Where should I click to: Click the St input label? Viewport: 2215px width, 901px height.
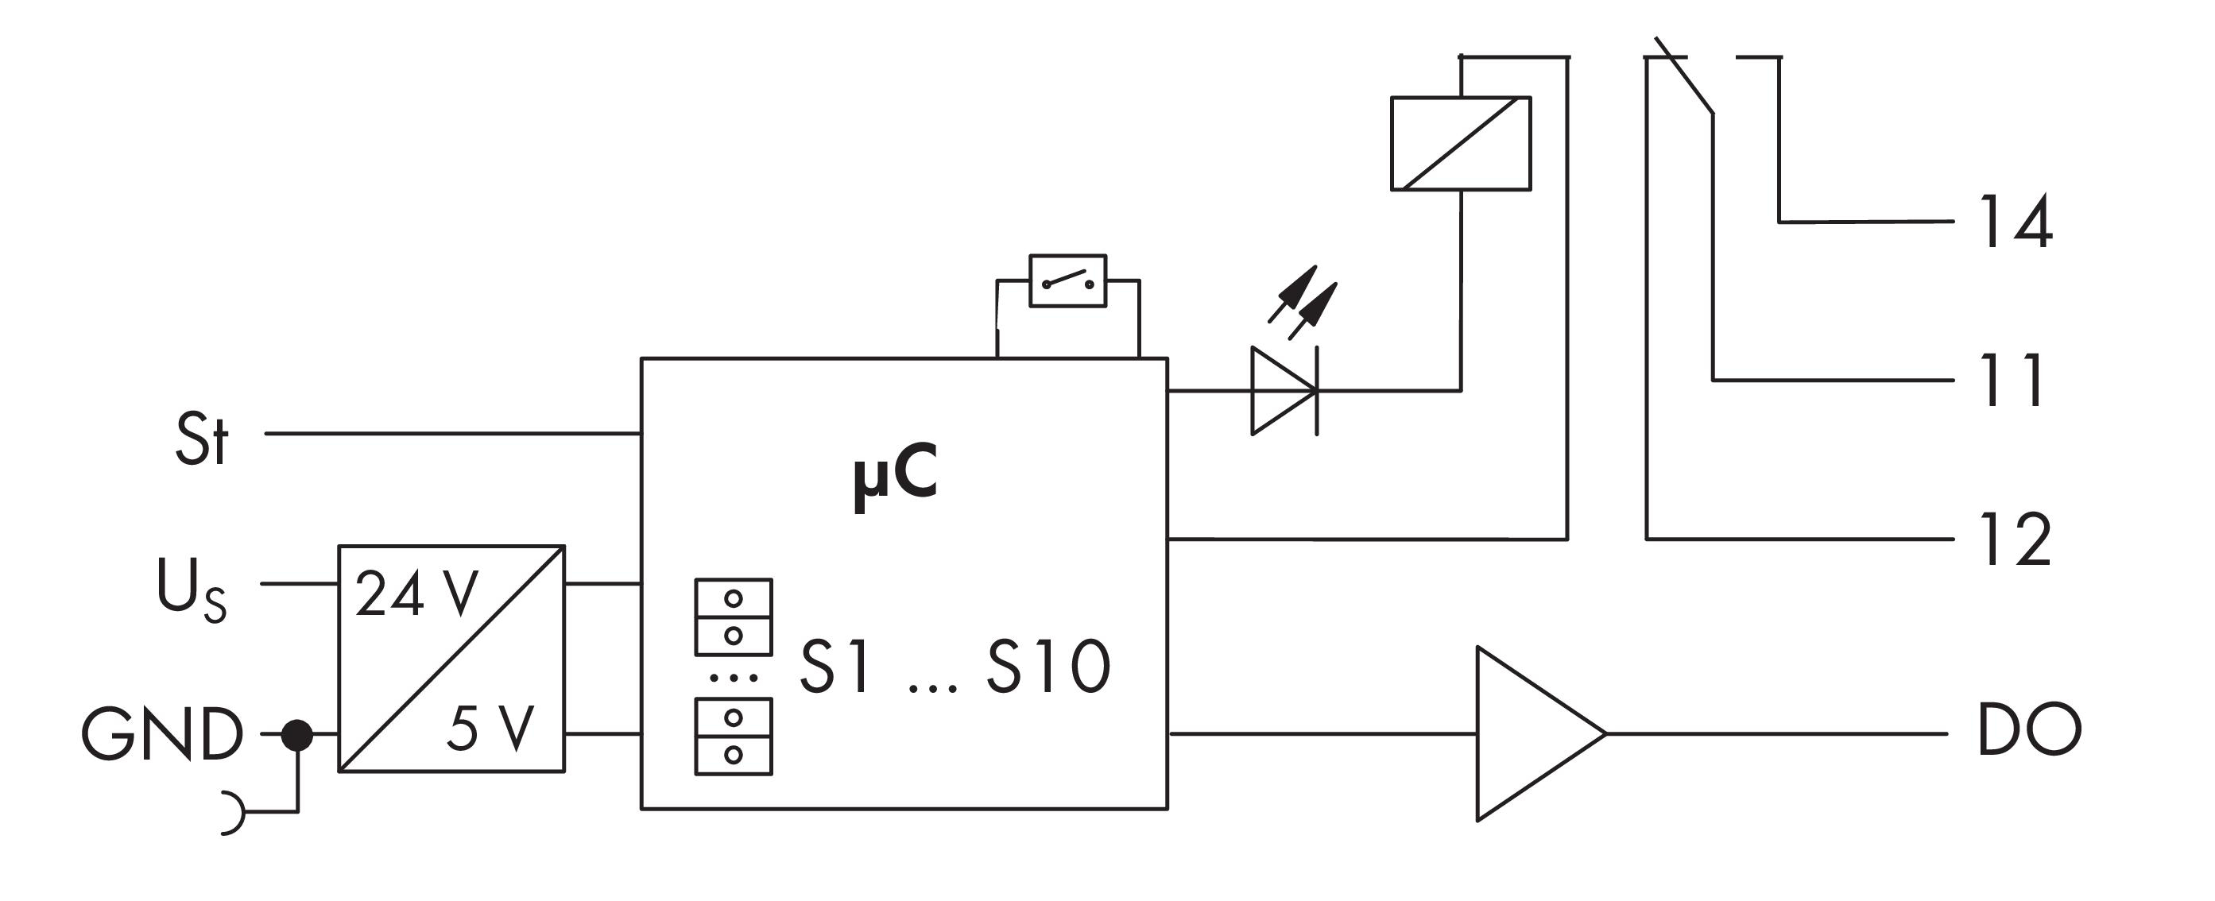tap(202, 439)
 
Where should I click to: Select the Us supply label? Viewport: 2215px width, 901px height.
tap(191, 590)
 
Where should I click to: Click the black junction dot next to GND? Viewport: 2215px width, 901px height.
tap(297, 735)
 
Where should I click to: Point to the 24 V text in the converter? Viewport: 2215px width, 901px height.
tap(416, 594)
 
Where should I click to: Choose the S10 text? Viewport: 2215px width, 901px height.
tap(1048, 667)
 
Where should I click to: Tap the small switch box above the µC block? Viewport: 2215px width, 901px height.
tap(1068, 280)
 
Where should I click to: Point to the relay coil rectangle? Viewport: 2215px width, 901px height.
tap(1461, 144)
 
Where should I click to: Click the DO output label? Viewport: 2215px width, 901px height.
tap(2029, 730)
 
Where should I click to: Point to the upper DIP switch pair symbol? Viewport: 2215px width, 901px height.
tap(734, 617)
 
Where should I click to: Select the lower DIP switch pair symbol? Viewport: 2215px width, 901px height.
tap(734, 736)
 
